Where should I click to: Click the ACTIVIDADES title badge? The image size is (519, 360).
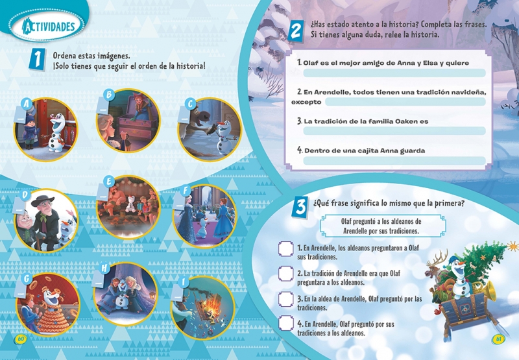coord(47,26)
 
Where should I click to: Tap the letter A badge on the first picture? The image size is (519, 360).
coord(27,104)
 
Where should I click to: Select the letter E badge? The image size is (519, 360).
coord(108,182)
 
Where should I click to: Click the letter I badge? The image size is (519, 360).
coord(183,282)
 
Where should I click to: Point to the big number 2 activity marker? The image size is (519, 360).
coord(295,30)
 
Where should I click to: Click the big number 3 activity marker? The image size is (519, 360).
coord(300,206)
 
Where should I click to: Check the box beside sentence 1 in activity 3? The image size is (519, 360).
coord(285,249)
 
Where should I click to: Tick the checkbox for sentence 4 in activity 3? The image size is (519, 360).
coord(285,323)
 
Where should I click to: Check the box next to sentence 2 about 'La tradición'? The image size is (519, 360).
coord(285,274)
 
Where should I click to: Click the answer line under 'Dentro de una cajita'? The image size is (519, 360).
coord(394,161)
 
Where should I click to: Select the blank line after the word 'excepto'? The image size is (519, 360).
coord(405,102)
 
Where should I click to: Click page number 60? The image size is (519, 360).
coord(21,339)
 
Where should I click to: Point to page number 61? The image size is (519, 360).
coord(498,339)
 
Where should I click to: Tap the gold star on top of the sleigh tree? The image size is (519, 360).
coord(513,246)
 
